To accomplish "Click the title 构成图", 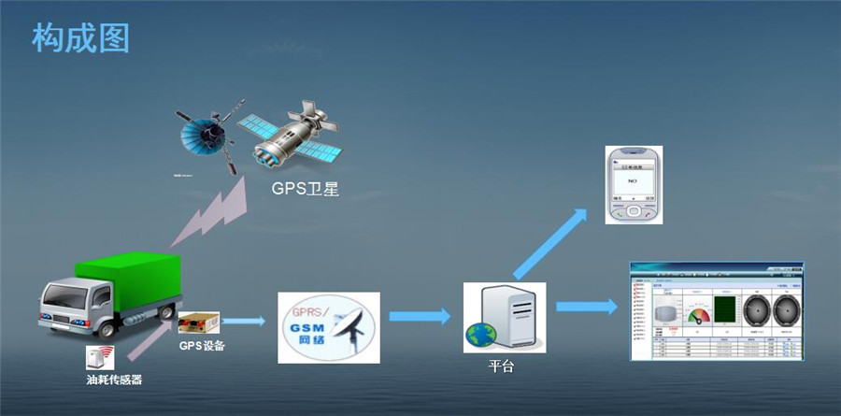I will pos(80,38).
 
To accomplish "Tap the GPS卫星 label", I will pos(305,190).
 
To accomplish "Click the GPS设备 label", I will pos(202,346).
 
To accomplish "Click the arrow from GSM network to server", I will pos(420,316).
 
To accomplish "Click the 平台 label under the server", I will pos(502,366).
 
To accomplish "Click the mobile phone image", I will pos(633,184).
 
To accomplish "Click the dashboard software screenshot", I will pos(715,310).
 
